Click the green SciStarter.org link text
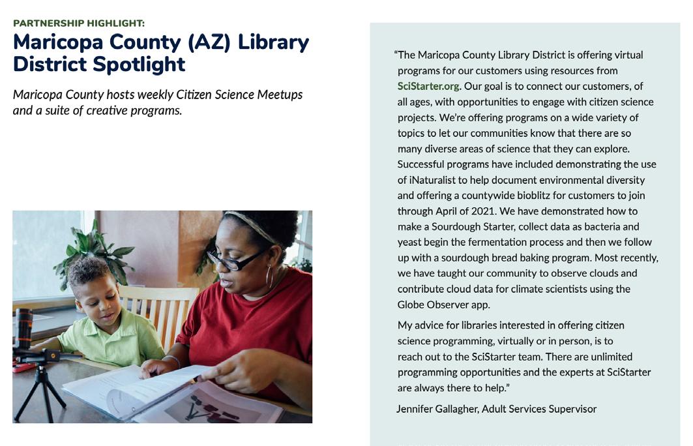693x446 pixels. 429,86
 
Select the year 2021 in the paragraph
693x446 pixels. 494,211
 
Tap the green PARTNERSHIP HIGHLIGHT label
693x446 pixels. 79,23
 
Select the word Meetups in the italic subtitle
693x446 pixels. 280,95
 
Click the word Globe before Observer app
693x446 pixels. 411,305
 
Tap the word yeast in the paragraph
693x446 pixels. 410,243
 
